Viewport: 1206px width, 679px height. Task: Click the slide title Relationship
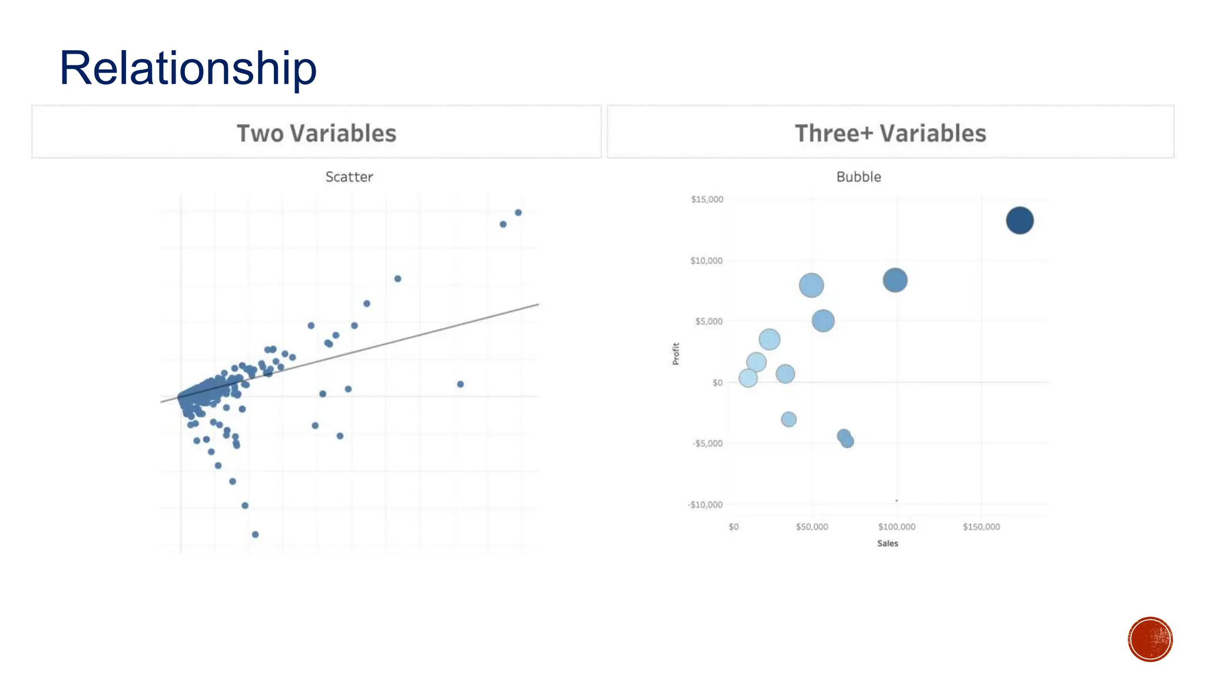click(x=188, y=68)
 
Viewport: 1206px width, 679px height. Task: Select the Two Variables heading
click(x=316, y=133)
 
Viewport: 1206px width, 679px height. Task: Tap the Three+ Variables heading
click(x=890, y=133)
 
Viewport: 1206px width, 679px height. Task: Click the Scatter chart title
click(x=349, y=177)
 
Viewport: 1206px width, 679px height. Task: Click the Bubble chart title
click(x=859, y=177)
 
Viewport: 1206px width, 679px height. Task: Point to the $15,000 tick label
click(x=707, y=199)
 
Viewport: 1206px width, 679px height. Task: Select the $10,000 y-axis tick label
click(x=706, y=261)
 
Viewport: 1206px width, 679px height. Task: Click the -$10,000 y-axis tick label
click(x=705, y=505)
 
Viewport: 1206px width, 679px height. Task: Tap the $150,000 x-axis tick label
click(x=981, y=527)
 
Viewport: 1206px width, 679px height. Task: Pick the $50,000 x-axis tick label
click(x=811, y=527)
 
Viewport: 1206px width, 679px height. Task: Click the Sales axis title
click(x=887, y=543)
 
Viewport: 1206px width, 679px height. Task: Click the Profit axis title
click(x=676, y=354)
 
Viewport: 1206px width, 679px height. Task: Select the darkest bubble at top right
click(x=1019, y=220)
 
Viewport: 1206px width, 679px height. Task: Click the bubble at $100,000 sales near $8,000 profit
click(x=894, y=280)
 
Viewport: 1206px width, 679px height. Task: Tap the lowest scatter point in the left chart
click(x=255, y=535)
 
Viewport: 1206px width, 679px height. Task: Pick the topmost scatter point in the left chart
click(x=518, y=212)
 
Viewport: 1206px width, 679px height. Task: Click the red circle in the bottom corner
click(x=1150, y=640)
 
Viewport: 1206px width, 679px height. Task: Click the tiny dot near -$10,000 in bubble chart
click(x=896, y=501)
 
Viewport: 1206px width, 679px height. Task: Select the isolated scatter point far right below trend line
click(x=460, y=384)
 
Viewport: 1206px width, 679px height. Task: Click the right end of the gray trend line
click(x=537, y=305)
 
